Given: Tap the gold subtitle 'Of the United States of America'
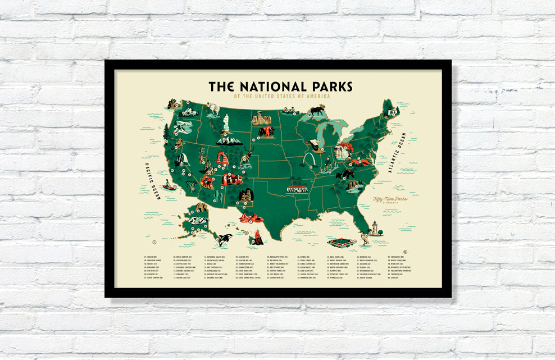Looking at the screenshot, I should tap(282, 97).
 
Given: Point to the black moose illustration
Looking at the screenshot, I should tap(317, 110).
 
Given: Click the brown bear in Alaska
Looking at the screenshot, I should tap(201, 207).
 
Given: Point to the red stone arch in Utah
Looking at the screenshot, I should tap(221, 158).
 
